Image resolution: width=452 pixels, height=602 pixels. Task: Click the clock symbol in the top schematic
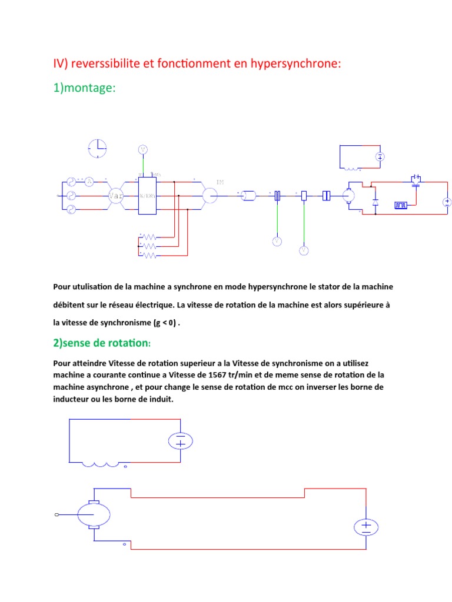(98, 148)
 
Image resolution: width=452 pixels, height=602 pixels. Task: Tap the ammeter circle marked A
(89, 181)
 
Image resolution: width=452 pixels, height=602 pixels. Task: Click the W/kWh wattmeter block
(146, 195)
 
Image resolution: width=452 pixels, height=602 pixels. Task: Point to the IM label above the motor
(220, 183)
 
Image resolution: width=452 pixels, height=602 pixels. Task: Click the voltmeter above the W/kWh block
(142, 149)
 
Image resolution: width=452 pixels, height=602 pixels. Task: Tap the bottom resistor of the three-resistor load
(149, 256)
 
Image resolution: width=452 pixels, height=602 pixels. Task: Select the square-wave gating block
(401, 205)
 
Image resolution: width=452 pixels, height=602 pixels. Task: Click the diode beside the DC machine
(375, 203)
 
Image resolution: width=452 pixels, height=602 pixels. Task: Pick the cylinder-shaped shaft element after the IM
(248, 196)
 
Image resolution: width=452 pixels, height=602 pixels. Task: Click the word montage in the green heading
(89, 88)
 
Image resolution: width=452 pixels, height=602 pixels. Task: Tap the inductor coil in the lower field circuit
(104, 464)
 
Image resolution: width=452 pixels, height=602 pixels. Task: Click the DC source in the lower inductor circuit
(181, 441)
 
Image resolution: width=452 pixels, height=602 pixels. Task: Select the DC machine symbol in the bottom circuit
(94, 514)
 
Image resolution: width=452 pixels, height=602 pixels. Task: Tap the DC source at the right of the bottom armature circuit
(365, 526)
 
